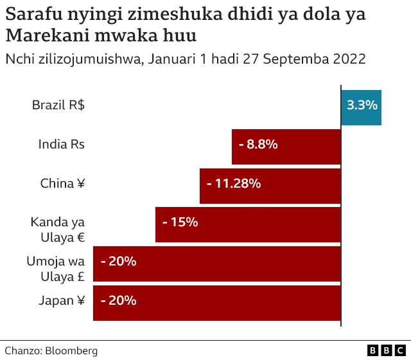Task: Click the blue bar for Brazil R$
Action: point(362,107)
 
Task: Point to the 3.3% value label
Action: point(362,105)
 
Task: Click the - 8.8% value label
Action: point(258,145)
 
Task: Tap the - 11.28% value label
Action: point(234,184)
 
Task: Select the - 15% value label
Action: point(180,222)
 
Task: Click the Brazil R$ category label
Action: point(58,105)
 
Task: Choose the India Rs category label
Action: point(62,145)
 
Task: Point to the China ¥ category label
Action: point(62,184)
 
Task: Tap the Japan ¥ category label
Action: point(62,300)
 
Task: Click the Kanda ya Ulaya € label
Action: point(58,230)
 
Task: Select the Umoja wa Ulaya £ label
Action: point(56,269)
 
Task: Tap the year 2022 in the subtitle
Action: point(349,59)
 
